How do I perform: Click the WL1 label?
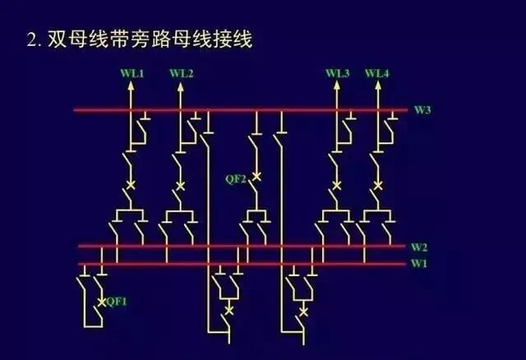coord(131,74)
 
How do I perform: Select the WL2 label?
coord(182,74)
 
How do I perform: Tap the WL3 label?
coord(337,74)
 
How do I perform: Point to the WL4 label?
coord(377,74)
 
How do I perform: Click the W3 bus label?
coord(422,109)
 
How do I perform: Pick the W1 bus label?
coord(419,263)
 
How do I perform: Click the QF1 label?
coord(118,302)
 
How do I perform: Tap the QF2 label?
coord(237,178)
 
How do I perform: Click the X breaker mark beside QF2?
coord(256,177)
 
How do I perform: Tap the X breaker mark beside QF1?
coord(101,302)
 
